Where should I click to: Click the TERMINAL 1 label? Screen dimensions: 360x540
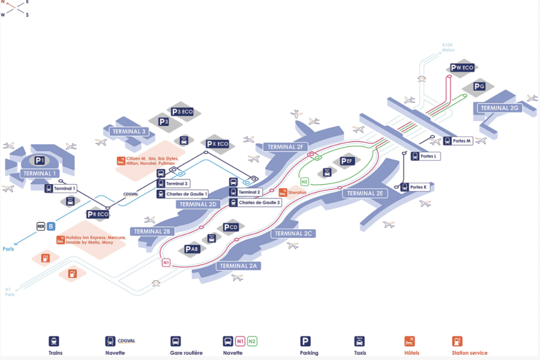click(x=40, y=173)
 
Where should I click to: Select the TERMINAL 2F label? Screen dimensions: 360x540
click(x=286, y=146)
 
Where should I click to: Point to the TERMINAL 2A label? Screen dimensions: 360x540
click(x=238, y=265)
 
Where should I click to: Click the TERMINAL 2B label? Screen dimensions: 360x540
click(x=152, y=231)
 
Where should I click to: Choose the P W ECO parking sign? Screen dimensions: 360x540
click(x=462, y=68)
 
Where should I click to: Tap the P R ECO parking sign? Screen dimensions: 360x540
click(x=98, y=214)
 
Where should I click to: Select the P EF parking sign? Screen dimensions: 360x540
click(x=347, y=161)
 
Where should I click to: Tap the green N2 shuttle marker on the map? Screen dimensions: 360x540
click(x=305, y=182)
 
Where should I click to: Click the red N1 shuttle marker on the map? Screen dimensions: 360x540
click(x=166, y=262)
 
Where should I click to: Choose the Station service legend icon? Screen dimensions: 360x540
click(x=457, y=341)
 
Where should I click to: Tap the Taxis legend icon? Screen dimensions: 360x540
click(x=359, y=341)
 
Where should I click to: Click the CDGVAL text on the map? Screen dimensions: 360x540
click(x=131, y=194)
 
